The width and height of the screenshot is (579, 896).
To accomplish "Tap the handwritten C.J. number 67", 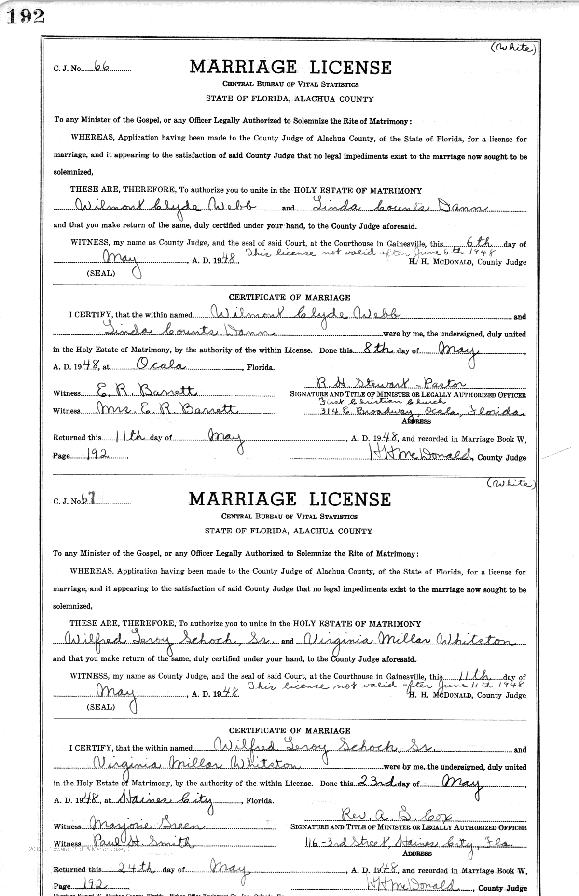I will pos(88,500).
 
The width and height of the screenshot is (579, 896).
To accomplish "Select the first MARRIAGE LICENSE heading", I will pos(290,67).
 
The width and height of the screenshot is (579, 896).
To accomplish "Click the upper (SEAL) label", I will pos(100,273).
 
